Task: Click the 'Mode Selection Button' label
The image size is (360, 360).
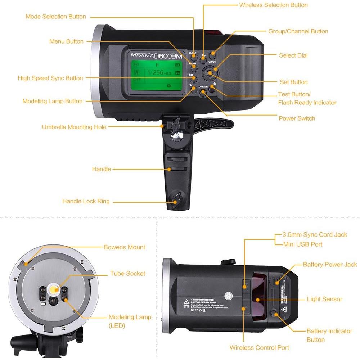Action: tap(56, 17)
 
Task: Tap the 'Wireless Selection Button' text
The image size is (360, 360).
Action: tap(273, 5)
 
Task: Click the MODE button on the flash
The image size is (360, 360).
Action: tap(193, 56)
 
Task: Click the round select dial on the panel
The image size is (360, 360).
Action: tap(209, 73)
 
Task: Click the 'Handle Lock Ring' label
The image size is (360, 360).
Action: tap(86, 201)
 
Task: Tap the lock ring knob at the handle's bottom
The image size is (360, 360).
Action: tap(175, 199)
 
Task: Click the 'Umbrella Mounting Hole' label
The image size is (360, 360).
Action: tap(74, 127)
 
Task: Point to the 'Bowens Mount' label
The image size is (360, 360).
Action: tap(124, 247)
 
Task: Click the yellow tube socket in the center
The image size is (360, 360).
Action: tap(54, 289)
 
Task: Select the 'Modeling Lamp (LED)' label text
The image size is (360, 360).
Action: tap(130, 321)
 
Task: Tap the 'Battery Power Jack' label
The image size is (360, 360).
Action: tap(330, 264)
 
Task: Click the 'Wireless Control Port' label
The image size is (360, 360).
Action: tap(259, 347)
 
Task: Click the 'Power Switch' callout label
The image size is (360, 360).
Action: tap(297, 118)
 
